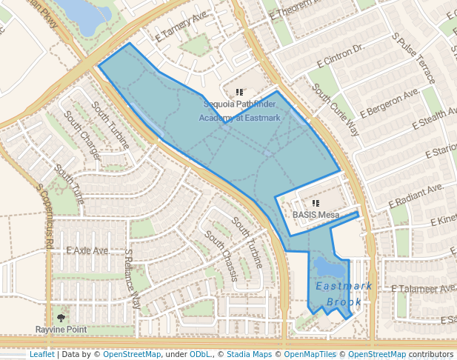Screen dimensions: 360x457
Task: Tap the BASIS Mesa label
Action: pyautogui.click(x=316, y=215)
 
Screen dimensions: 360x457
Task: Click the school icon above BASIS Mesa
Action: pyautogui.click(x=316, y=202)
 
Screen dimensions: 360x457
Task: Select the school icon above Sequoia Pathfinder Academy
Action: pyautogui.click(x=239, y=92)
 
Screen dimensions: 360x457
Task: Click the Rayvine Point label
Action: pyautogui.click(x=61, y=329)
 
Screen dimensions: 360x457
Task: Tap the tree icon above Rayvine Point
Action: pyautogui.click(x=61, y=317)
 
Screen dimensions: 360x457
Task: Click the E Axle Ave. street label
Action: pyautogui.click(x=87, y=251)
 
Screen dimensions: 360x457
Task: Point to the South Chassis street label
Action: pyautogui.click(x=221, y=256)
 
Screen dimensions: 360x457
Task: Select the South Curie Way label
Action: pyautogui.click(x=336, y=110)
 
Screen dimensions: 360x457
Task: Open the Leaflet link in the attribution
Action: pyautogui.click(x=41, y=354)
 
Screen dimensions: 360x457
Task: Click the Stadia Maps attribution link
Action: pyautogui.click(x=249, y=354)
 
